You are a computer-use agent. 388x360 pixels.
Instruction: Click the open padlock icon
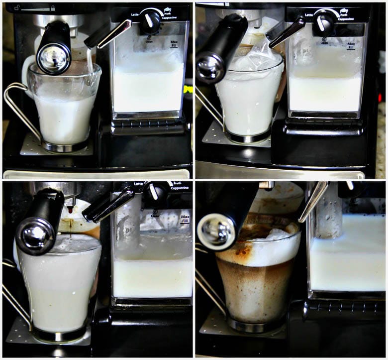pos(17,7)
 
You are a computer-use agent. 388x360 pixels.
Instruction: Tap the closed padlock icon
pos(53,8)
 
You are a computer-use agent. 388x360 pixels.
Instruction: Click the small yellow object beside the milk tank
pos(188,90)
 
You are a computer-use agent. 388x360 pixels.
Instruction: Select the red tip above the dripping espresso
pos(70,210)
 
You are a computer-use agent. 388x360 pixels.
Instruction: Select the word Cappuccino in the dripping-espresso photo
pos(181,189)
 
